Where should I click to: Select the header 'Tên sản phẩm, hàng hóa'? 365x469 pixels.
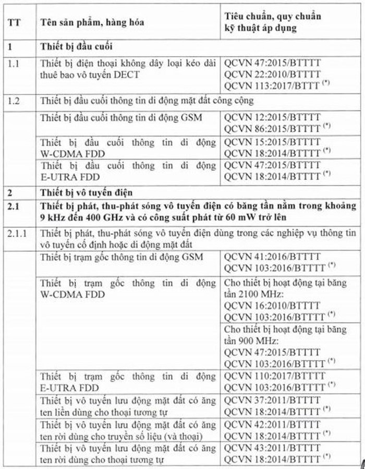[93, 23]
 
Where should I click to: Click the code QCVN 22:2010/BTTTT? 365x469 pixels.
[272, 75]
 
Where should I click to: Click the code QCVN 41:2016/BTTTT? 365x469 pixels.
[273, 257]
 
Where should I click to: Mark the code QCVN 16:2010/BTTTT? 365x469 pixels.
[273, 306]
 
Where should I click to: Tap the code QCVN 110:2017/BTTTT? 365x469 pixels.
[275, 376]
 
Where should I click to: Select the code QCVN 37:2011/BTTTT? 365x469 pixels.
[273, 401]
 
